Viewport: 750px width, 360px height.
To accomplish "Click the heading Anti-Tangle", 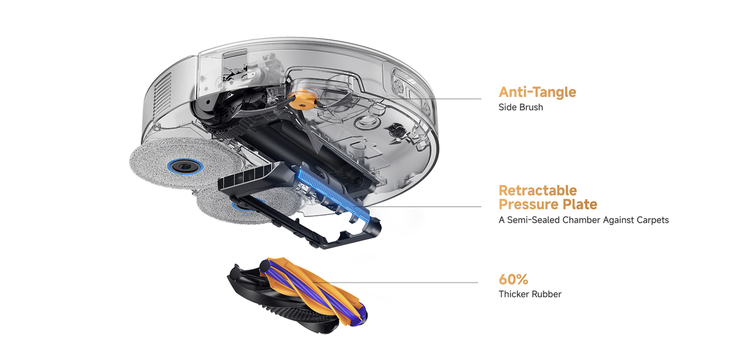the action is [537, 92].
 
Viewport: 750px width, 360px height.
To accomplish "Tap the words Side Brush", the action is [521, 107].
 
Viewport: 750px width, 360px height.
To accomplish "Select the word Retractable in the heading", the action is [537, 191].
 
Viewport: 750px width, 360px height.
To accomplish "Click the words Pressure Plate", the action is [547, 204].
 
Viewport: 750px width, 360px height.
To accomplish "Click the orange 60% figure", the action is [513, 279].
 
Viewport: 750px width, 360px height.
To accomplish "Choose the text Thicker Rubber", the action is [530, 294].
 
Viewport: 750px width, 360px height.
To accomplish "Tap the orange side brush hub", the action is [302, 99].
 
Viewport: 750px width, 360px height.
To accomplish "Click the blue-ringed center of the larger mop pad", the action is [185, 166].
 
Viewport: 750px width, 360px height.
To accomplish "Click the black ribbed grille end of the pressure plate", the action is [244, 177].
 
